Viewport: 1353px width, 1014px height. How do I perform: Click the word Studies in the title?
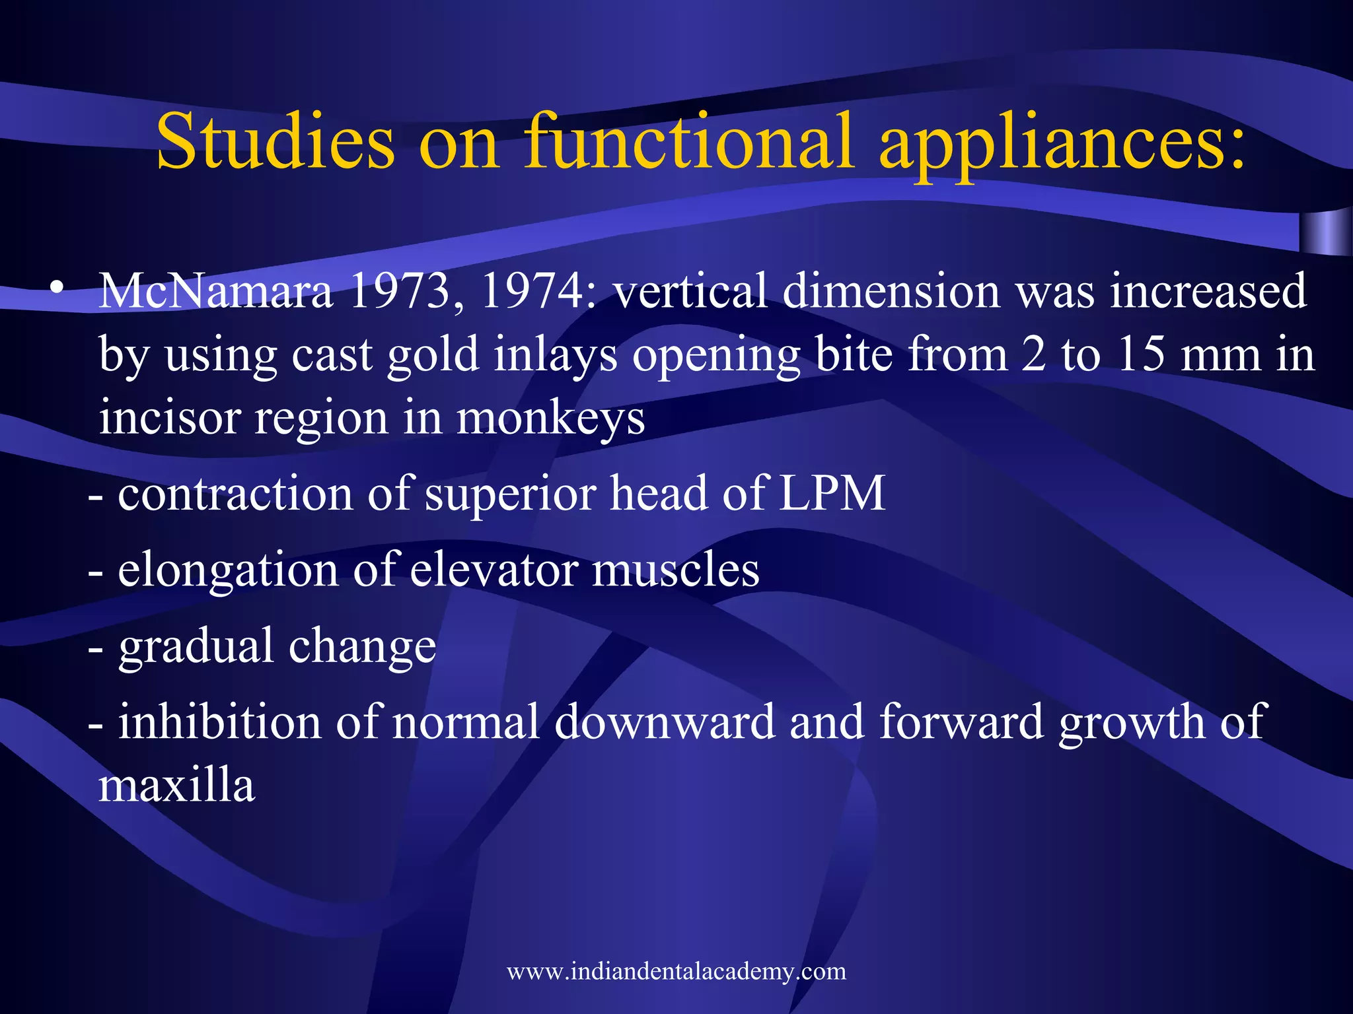click(275, 142)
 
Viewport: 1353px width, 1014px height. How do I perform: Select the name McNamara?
click(215, 292)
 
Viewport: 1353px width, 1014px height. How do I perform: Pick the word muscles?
click(675, 570)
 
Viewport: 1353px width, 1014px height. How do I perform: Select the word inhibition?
click(219, 722)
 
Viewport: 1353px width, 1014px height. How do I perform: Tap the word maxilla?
click(176, 786)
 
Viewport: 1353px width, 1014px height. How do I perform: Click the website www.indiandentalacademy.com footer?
click(676, 971)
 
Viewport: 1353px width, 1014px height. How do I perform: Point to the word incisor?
click(169, 419)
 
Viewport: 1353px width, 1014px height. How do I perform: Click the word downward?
click(664, 722)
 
